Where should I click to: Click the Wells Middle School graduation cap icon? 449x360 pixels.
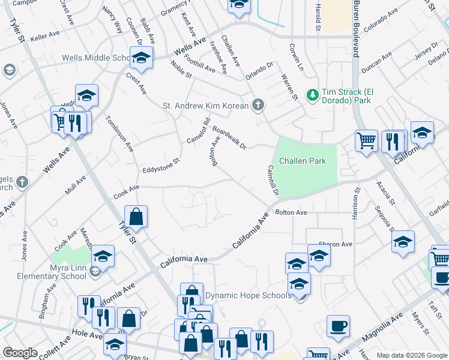pyautogui.click(x=141, y=58)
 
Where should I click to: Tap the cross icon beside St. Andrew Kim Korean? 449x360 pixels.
pyautogui.click(x=258, y=106)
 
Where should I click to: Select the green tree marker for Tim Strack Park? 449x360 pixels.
pyautogui.click(x=312, y=95)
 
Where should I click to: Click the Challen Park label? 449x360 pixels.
pyautogui.click(x=303, y=161)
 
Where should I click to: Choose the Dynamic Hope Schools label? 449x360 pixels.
pyautogui.click(x=249, y=296)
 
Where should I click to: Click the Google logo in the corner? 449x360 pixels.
pyautogui.click(x=20, y=353)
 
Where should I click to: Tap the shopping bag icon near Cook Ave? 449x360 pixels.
pyautogui.click(x=136, y=217)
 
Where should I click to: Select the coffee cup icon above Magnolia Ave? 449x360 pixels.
pyautogui.click(x=337, y=326)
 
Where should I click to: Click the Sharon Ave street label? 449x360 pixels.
pyautogui.click(x=335, y=245)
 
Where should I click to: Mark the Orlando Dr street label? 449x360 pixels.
pyautogui.click(x=259, y=71)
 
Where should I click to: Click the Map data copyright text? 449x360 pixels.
pyautogui.click(x=411, y=355)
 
